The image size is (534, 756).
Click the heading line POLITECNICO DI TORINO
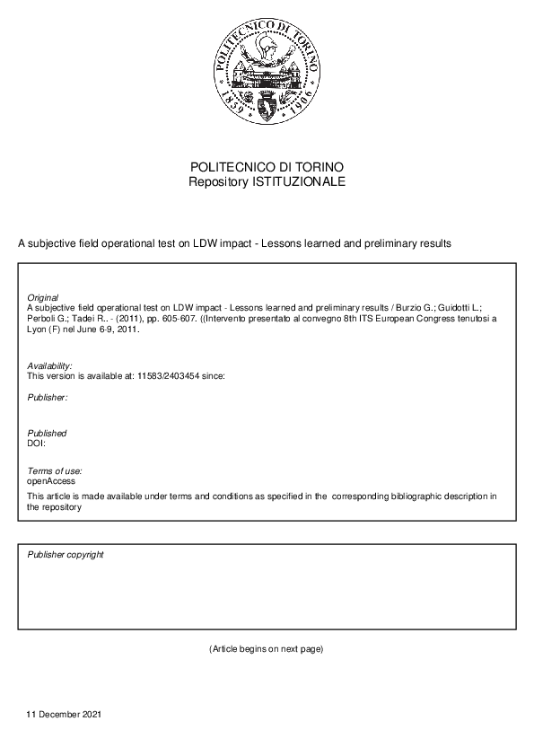pyautogui.click(x=267, y=168)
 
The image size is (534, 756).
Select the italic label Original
pyautogui.click(x=43, y=297)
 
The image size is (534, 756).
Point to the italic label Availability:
pyautogui.click(x=49, y=366)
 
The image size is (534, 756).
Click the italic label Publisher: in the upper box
pyautogui.click(x=48, y=396)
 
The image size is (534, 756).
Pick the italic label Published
pyautogui.click(x=47, y=434)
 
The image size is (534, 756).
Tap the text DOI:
pyautogui.click(x=37, y=443)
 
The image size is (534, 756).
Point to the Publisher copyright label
pyautogui.click(x=66, y=555)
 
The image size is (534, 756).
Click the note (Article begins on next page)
pyautogui.click(x=266, y=648)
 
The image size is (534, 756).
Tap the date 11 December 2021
pyautogui.click(x=65, y=715)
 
